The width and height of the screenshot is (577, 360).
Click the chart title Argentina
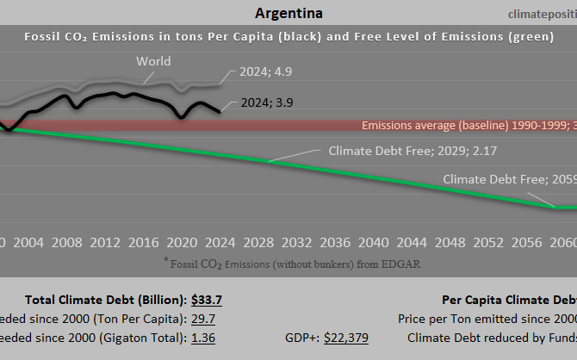point(289,14)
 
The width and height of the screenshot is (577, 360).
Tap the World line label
point(153,61)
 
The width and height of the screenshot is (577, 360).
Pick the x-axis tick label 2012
point(105,242)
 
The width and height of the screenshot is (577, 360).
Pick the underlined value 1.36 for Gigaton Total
point(203,338)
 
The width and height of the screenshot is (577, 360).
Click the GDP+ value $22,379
point(345,338)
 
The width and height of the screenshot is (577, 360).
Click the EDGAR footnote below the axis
point(292,263)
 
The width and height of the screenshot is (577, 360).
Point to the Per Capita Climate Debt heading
point(508,300)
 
